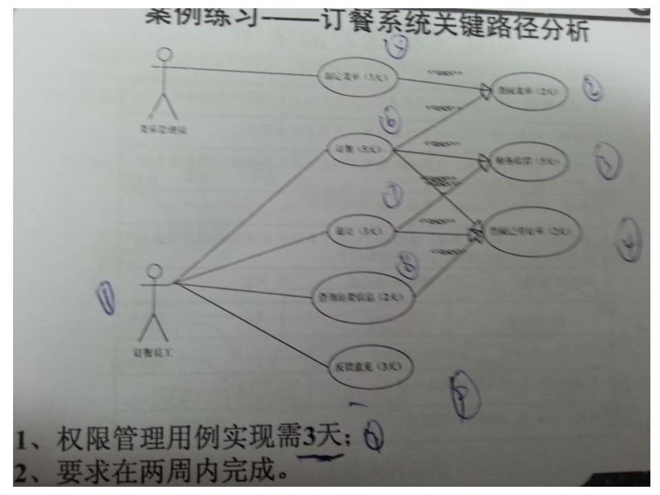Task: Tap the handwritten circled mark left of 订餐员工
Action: [107, 298]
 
